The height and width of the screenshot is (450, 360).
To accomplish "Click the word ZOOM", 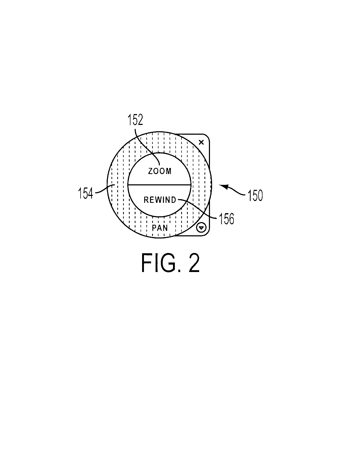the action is (x=160, y=171).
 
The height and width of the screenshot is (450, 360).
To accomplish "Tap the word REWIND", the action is (x=160, y=200).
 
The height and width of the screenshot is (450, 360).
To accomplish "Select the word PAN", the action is (x=160, y=228).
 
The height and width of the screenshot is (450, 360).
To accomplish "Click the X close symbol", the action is (x=201, y=142).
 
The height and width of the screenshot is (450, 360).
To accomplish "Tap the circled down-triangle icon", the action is (x=202, y=227).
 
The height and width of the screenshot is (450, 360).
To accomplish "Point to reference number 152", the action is (x=135, y=120).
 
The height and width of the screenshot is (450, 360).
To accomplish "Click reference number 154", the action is (x=86, y=193).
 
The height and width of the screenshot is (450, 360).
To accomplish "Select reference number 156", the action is (x=226, y=219).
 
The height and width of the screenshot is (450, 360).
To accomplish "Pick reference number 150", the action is (x=255, y=196).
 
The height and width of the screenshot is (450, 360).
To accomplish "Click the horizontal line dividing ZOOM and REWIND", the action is (x=159, y=185).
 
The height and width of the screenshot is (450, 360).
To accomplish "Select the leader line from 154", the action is (x=104, y=190).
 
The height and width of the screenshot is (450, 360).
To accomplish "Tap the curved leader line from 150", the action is (x=235, y=191).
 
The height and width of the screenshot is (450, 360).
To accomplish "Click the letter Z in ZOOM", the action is (x=150, y=171).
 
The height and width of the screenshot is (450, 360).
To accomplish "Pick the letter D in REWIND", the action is (x=174, y=200).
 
